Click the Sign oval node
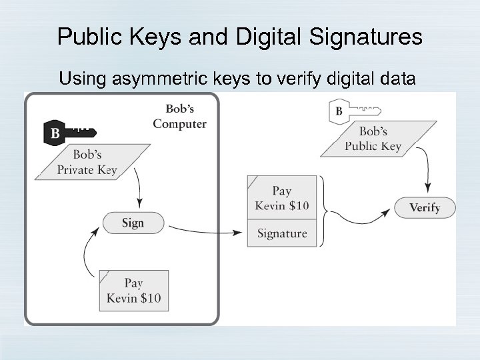[x=133, y=223]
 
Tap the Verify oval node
[x=425, y=207]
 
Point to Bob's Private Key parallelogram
[x=87, y=162]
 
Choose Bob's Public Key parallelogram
[x=379, y=139]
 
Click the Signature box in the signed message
[x=282, y=233]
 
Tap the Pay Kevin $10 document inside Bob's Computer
[x=133, y=290]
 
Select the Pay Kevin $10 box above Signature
[x=282, y=198]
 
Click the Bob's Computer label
[x=179, y=116]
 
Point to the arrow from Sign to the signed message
[x=203, y=230]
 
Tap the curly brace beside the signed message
[x=323, y=210]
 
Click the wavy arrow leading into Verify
[x=360, y=220]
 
